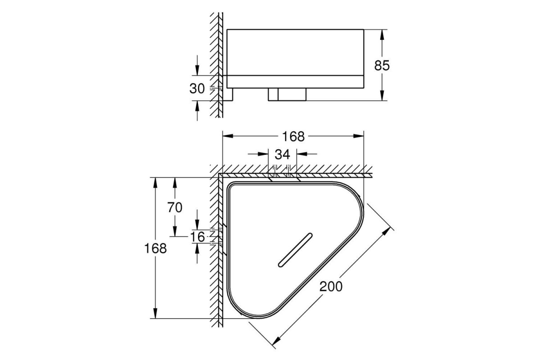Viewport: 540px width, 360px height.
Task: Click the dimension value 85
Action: tap(382, 65)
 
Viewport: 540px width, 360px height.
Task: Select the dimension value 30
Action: tap(197, 89)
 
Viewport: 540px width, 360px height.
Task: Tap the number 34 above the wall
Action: tap(282, 154)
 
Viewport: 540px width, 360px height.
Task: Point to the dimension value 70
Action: tap(175, 207)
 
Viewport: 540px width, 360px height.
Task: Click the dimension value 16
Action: tap(198, 237)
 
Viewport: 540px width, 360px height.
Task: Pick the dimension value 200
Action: tap(331, 287)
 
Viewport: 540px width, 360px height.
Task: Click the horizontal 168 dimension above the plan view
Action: tap(293, 136)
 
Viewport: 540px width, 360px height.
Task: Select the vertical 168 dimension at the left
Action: tap(155, 248)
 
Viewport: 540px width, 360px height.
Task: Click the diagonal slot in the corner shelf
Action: tap(295, 250)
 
